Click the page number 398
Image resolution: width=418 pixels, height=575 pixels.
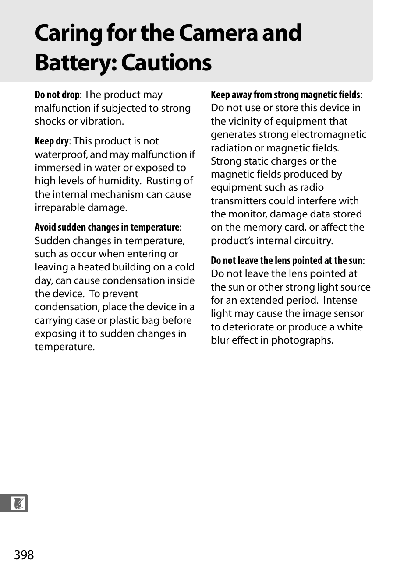coord(24,555)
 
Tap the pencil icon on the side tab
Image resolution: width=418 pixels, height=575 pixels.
coord(18,503)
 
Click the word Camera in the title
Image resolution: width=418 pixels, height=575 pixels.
coord(218,33)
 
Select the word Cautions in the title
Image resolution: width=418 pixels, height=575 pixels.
coord(166,63)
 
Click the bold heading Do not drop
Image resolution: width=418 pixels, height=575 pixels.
coord(57,95)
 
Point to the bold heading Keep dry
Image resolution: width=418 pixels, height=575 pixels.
coord(52,141)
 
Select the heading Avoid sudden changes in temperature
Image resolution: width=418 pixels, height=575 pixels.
coord(107,228)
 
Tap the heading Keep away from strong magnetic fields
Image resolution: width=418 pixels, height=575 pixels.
coord(285,95)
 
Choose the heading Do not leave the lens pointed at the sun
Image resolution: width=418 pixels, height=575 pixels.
coord(287,261)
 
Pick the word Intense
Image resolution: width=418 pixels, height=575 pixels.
coord(340,300)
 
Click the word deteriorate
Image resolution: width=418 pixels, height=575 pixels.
coord(252,327)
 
